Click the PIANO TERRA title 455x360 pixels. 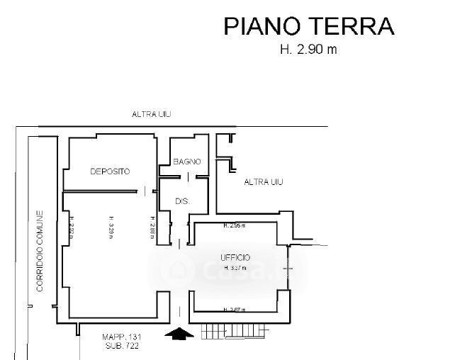click(308, 26)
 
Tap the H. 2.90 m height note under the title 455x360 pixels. click(308, 50)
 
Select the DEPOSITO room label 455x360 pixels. click(110, 171)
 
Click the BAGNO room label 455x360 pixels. click(188, 162)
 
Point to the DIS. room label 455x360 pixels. click(182, 202)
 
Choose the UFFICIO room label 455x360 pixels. click(235, 257)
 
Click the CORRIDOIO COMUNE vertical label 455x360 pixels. click(41, 251)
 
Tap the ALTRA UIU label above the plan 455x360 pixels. click(152, 114)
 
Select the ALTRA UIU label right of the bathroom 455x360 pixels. click(264, 182)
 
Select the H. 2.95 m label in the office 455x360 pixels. click(234, 226)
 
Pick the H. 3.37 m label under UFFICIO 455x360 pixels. click(234, 268)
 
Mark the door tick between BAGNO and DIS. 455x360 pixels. click(188, 175)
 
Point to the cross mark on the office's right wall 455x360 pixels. click(288, 269)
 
